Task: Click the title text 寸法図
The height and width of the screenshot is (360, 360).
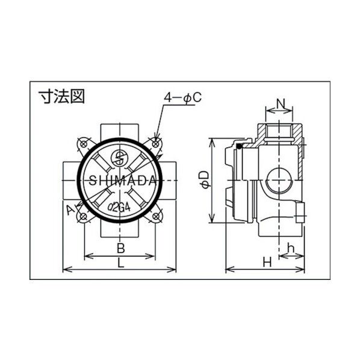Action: [x=61, y=96]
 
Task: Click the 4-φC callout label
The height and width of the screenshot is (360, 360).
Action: [x=183, y=98]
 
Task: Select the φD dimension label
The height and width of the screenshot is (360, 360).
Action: [x=205, y=180]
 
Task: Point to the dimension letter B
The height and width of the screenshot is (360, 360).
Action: [x=121, y=248]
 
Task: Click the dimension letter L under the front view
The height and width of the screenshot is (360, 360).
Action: [x=121, y=262]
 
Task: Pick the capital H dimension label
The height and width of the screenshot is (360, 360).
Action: [x=267, y=262]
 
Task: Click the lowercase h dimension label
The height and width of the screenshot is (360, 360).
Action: [x=291, y=248]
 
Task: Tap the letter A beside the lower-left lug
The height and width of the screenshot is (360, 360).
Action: [x=70, y=210]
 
